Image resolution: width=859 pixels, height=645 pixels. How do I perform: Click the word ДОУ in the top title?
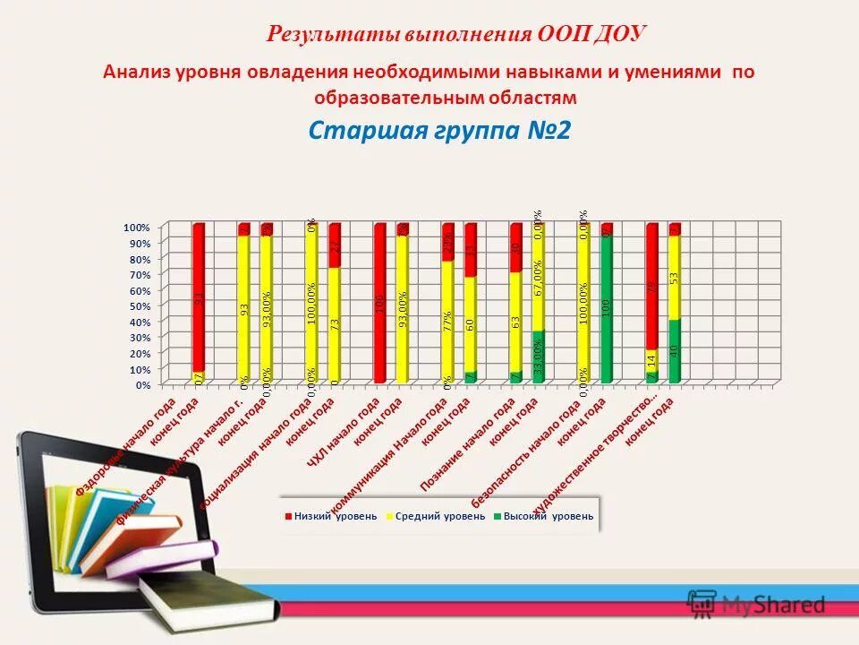618,34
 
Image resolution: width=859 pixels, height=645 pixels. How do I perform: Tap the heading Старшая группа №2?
438,131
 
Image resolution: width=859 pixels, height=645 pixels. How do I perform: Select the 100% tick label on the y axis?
136,228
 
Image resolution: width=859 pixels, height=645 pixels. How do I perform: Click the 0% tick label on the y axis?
141,384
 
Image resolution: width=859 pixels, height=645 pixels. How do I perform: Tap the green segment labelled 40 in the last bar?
674,351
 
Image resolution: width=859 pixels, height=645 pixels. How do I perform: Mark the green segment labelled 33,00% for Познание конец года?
538,357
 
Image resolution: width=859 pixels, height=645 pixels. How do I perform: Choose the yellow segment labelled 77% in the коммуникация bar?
447,321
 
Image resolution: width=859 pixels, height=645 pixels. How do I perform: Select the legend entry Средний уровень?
428,516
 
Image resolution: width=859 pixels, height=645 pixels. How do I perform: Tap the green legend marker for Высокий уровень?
497,516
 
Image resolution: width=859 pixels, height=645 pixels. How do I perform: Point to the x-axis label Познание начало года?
466,443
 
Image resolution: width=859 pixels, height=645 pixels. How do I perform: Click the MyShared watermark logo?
756,604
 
